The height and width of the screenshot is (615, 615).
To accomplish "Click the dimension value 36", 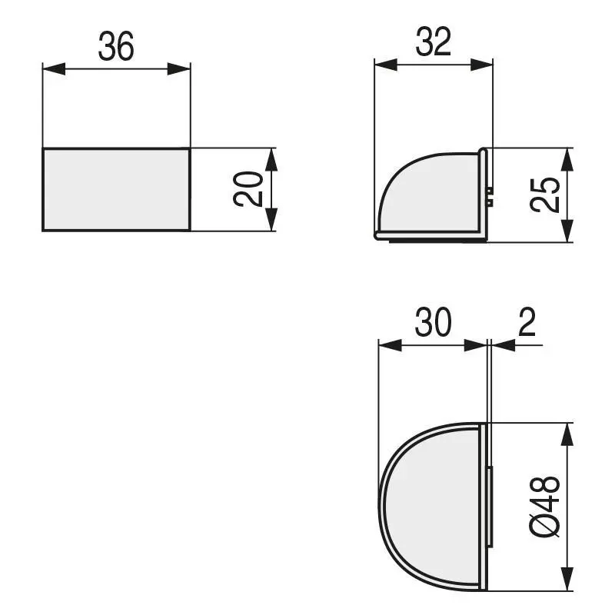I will (116, 47).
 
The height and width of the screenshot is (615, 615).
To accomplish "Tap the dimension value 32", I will (433, 43).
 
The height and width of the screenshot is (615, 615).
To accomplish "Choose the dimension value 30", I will (433, 324).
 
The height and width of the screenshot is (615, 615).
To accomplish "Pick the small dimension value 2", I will (527, 324).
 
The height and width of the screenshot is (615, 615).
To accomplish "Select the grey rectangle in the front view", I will (116, 188).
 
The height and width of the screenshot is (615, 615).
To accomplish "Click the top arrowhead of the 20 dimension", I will (271, 158).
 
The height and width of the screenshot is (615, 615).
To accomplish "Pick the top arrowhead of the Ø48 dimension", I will (567, 434).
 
